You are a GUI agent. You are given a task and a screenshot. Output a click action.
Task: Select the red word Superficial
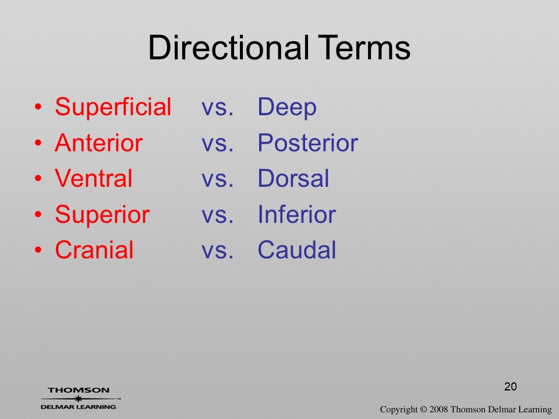[113, 106]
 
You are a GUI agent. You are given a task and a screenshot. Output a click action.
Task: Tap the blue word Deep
[287, 108]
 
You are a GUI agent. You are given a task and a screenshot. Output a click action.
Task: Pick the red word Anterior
[99, 143]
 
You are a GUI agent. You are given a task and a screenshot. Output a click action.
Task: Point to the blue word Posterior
[307, 143]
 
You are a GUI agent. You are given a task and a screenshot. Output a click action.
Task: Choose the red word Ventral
[93, 178]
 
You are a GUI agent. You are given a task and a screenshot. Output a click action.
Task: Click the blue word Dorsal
[293, 178]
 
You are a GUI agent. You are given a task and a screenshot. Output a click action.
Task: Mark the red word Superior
[102, 215]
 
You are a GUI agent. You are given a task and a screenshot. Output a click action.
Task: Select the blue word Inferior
[296, 214]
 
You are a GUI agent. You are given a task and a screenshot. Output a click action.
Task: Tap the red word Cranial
[94, 250]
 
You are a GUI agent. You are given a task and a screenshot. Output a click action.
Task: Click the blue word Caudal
[296, 250]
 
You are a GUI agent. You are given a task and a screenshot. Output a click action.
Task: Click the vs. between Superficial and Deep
[217, 108]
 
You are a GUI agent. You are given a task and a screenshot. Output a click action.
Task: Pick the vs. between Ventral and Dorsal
[217, 179]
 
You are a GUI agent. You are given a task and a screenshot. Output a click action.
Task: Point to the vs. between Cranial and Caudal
[217, 251]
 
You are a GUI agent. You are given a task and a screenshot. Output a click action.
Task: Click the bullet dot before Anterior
[38, 143]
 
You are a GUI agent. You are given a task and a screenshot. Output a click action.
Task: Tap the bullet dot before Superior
[38, 214]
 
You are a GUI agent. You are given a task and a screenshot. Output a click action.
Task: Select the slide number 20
[511, 386]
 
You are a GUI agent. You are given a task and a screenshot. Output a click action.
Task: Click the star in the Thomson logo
[78, 399]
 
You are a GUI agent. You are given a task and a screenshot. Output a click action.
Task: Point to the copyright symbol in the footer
[423, 409]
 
